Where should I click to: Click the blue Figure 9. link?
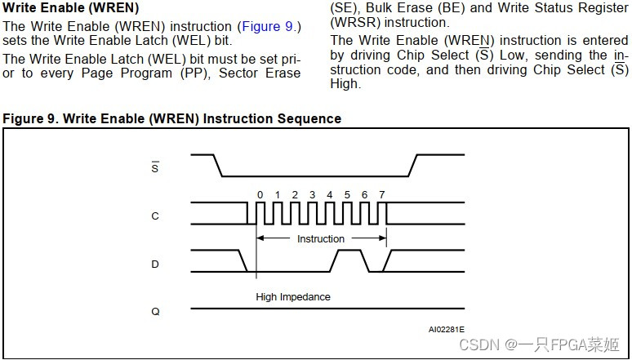[x=272, y=26]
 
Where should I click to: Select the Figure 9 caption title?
[x=171, y=119]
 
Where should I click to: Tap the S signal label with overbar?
[x=155, y=167]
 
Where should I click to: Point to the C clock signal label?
[x=155, y=216]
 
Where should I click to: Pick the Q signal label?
[x=155, y=311]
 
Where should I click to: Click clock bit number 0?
[x=260, y=194]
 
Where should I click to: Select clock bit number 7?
[x=382, y=194]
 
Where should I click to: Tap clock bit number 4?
[x=330, y=194]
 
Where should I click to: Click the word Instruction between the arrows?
[x=321, y=238]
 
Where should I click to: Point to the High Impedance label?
[x=293, y=297]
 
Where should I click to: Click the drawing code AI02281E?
[x=446, y=330]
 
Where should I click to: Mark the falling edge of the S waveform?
[x=218, y=164]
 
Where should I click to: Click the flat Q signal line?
[x=327, y=309]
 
